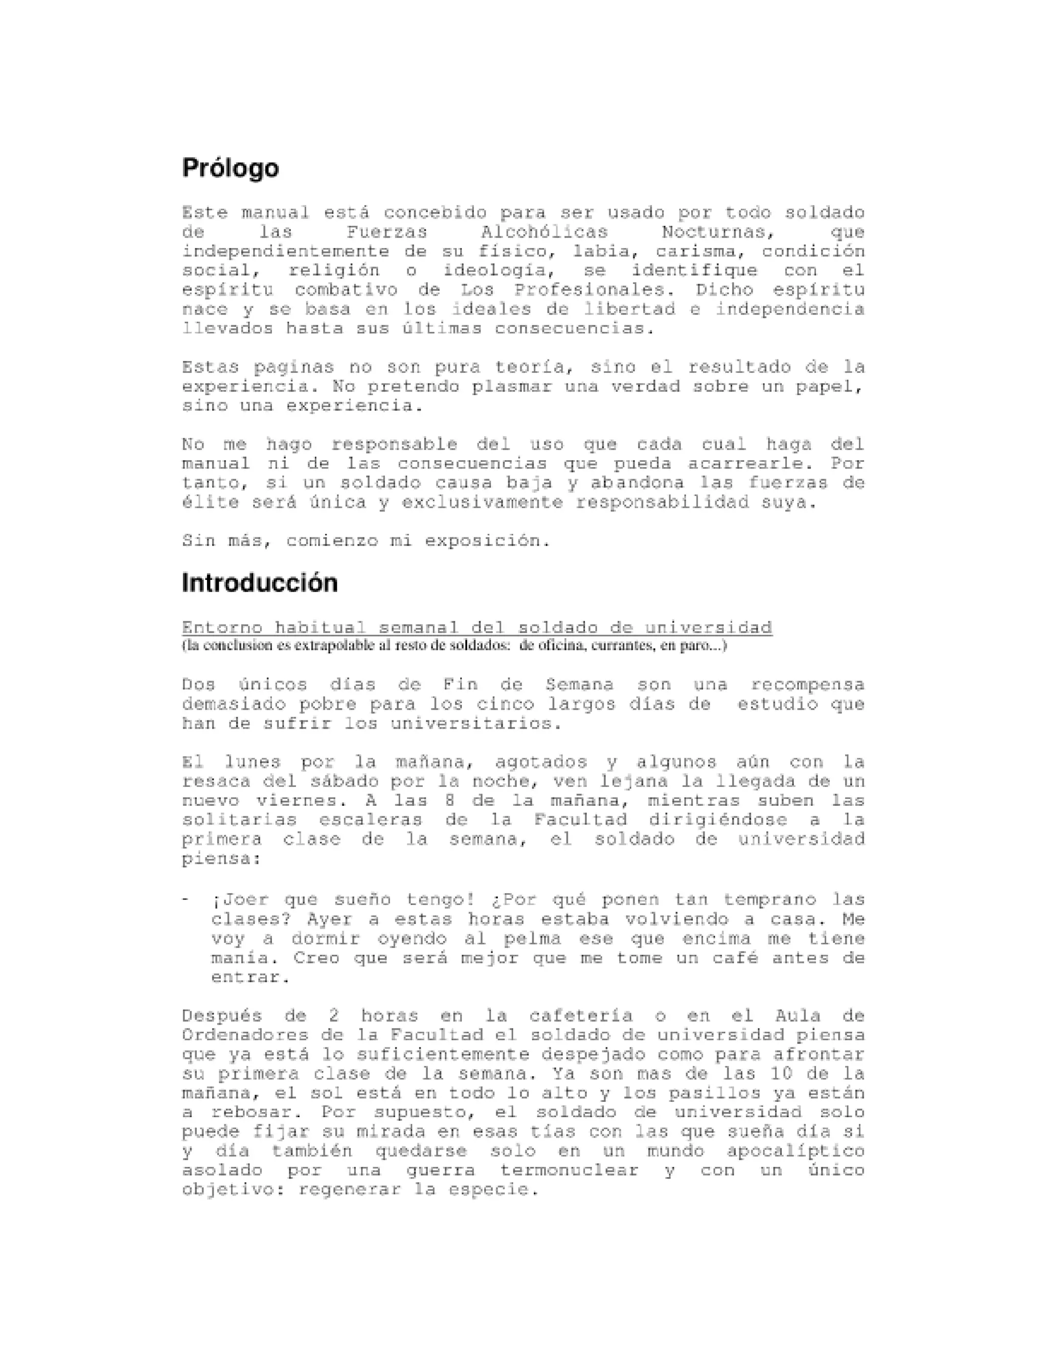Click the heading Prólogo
point(230,169)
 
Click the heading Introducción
point(259,583)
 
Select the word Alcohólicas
point(544,232)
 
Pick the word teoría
point(533,367)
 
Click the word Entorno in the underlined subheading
point(222,627)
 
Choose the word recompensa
point(807,685)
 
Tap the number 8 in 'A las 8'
point(450,800)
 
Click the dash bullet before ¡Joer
point(186,899)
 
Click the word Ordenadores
point(245,1035)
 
